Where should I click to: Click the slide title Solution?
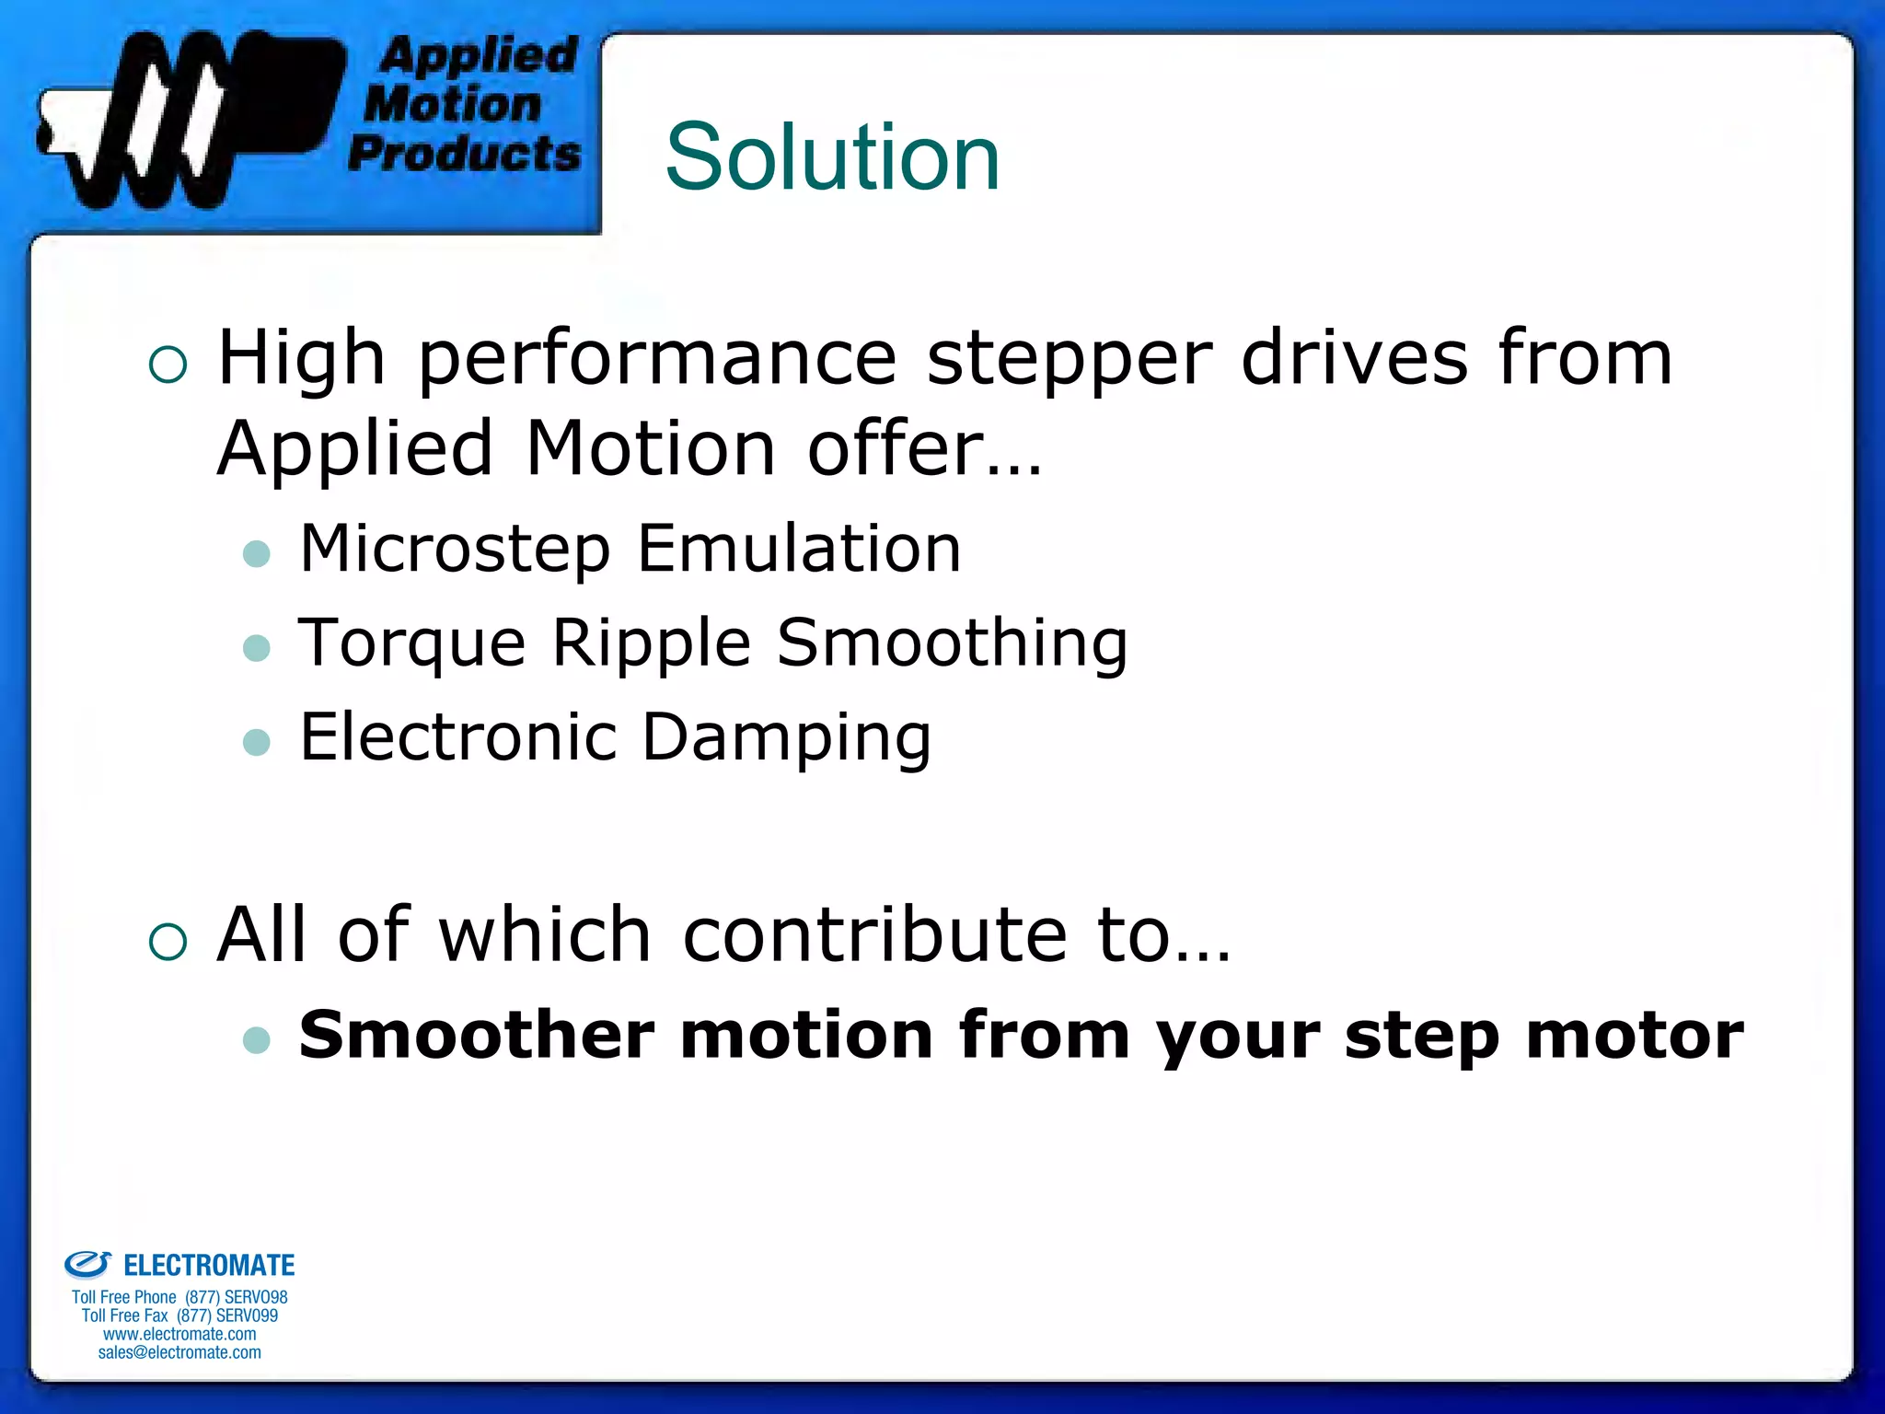832,157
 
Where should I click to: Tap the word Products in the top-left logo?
465,154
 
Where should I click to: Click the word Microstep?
455,551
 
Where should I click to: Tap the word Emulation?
799,549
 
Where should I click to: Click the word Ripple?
652,644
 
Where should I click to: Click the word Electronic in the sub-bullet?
458,738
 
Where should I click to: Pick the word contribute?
874,935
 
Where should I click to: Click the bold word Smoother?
477,1036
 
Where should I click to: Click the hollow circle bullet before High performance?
168,365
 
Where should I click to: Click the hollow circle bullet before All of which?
168,941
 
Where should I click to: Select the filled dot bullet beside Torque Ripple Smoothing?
257,647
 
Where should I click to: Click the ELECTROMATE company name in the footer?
209,1266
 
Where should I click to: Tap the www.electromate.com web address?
179,1334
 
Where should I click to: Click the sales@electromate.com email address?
179,1352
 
